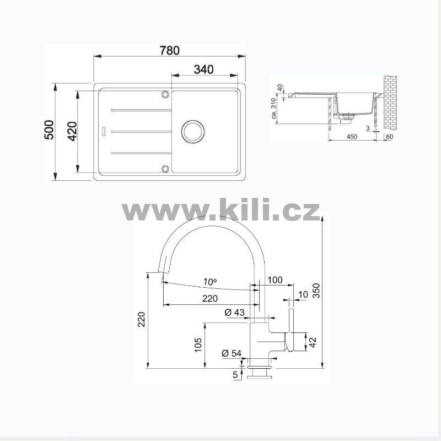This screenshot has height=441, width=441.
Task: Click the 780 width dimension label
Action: click(169, 50)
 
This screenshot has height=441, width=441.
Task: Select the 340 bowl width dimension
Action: click(203, 69)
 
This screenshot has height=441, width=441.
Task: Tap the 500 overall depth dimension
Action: click(49, 130)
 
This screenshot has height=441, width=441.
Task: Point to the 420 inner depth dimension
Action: click(73, 131)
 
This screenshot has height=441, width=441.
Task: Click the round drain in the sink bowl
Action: click(192, 131)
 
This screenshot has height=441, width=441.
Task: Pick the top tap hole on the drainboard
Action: click(165, 94)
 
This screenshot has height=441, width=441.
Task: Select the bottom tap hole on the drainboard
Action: click(165, 169)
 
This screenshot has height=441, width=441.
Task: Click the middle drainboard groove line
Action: click(142, 132)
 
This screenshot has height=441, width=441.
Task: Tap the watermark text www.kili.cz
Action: click(221, 209)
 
